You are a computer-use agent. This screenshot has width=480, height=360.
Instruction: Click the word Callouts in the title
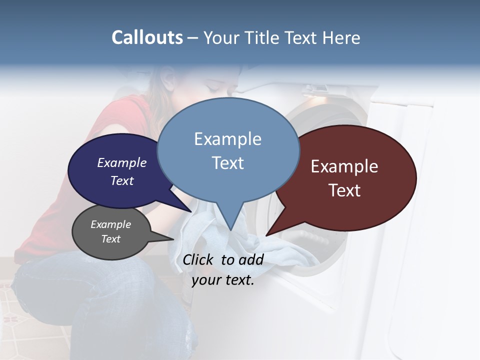(x=147, y=37)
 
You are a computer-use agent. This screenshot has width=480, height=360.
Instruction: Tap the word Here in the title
(x=341, y=37)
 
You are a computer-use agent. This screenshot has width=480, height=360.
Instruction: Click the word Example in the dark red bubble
(x=344, y=166)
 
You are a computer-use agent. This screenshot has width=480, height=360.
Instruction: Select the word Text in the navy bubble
(x=122, y=180)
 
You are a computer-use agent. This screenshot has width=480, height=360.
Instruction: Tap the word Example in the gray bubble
(x=110, y=224)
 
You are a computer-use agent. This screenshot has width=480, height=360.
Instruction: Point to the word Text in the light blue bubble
(x=228, y=162)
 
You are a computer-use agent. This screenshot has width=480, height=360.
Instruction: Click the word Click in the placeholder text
(x=199, y=259)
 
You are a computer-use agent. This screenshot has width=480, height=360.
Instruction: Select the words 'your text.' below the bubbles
(x=223, y=280)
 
